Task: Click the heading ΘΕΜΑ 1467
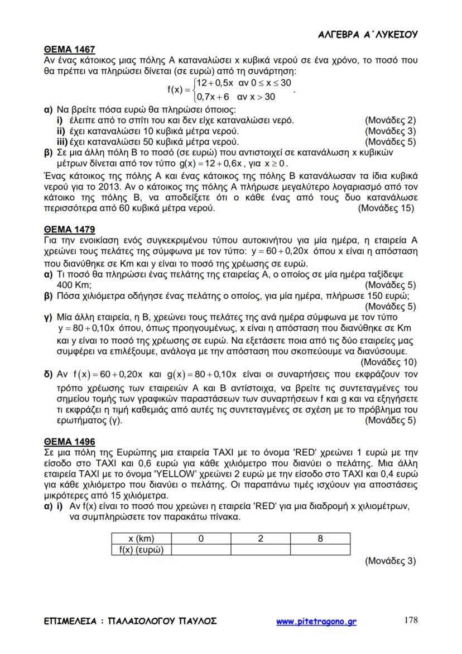tap(70, 49)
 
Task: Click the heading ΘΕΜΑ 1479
tap(70, 230)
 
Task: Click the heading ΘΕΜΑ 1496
tap(70, 442)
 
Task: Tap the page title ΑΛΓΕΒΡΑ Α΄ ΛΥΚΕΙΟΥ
tap(368, 35)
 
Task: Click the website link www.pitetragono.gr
tap(316, 621)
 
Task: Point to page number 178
tap(410, 619)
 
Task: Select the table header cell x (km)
tap(141, 539)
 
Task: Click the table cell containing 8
tap(320, 539)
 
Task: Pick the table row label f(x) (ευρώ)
tap(141, 550)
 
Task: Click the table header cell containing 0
tap(200, 539)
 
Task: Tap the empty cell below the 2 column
tap(260, 550)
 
